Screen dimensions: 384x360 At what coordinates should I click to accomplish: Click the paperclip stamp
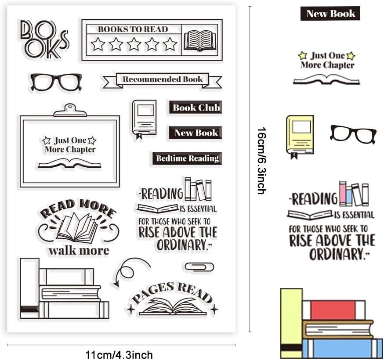coord(199,266)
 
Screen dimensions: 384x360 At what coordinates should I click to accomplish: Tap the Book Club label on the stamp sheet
coord(196,108)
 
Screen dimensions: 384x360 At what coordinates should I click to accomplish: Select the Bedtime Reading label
coord(187,158)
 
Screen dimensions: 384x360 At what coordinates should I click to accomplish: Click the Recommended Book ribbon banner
coord(162,79)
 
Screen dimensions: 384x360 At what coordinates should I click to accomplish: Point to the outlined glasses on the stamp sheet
coord(56,82)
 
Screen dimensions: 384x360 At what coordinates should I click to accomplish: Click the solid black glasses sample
coord(353,133)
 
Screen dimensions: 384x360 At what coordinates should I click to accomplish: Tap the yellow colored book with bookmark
coord(300,135)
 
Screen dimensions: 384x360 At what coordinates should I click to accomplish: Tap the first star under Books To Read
coord(98,44)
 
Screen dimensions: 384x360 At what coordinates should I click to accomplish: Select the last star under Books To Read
coord(170,44)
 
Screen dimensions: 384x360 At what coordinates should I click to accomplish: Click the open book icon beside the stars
coord(200,40)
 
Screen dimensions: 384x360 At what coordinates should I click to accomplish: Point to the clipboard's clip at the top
coord(69,110)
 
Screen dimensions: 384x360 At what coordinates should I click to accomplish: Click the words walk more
coord(79,251)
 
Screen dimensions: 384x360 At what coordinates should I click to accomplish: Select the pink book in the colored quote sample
coord(343,194)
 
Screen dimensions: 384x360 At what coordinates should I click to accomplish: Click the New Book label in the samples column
coord(330,14)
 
